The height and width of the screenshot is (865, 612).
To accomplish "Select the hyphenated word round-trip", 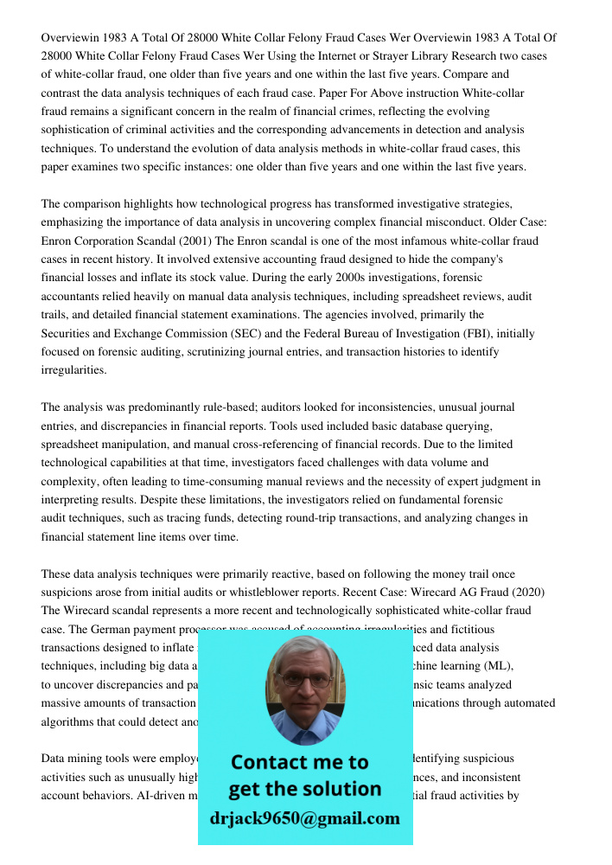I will click(x=336, y=518).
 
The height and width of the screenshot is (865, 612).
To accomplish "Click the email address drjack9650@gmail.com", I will click(x=304, y=818).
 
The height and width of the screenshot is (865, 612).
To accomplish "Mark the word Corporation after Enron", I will click(x=112, y=240).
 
